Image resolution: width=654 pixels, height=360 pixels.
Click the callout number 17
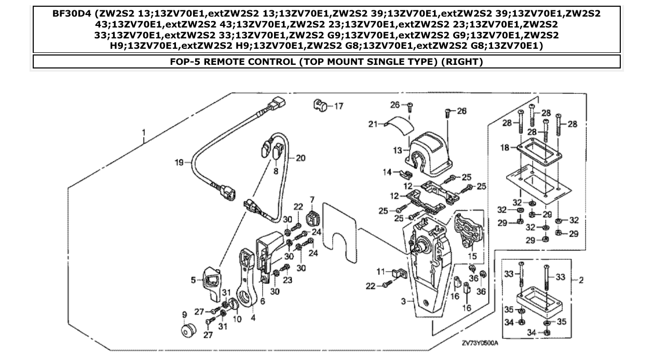(338, 106)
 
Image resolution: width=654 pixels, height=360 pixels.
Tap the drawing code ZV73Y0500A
(480, 343)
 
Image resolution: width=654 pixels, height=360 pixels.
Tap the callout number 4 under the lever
(253, 318)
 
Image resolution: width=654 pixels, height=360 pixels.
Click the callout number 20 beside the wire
(300, 158)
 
